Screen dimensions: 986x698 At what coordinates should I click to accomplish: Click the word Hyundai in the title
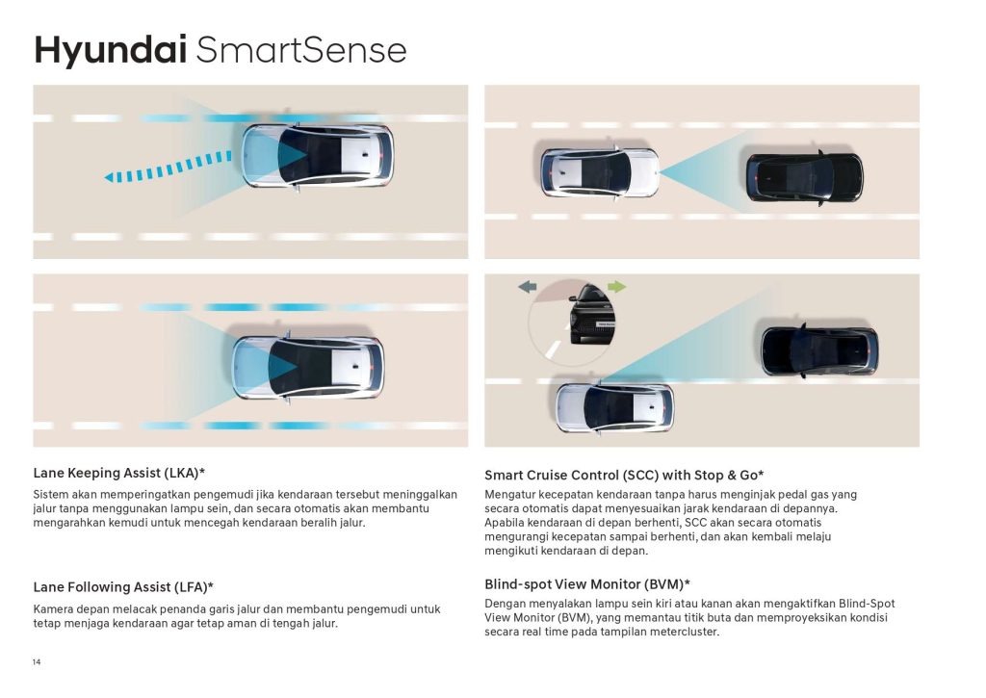[110, 51]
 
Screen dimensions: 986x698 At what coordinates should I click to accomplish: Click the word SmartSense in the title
[301, 50]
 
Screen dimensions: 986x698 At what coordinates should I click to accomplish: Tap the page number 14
[37, 662]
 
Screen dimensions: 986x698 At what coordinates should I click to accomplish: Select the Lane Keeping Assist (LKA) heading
[119, 473]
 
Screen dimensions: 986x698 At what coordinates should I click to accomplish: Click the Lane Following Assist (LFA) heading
[123, 587]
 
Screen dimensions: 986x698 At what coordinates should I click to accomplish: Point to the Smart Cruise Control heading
[624, 476]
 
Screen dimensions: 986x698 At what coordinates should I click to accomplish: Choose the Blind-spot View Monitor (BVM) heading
[587, 584]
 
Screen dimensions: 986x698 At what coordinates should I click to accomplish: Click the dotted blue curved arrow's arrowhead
[109, 178]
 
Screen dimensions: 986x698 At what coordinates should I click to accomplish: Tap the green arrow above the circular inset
[617, 287]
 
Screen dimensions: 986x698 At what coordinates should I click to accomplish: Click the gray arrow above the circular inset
[528, 287]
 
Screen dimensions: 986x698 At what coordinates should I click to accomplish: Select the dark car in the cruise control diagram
[804, 178]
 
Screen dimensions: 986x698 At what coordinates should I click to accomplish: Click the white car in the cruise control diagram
[600, 173]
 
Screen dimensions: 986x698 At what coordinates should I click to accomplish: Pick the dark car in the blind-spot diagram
[819, 350]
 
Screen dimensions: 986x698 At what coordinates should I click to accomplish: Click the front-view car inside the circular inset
[591, 314]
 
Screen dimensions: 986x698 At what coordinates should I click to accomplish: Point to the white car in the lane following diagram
[307, 367]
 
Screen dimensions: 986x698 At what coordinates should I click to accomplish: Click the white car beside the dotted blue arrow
[318, 156]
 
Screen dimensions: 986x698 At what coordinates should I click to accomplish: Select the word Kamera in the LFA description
[53, 609]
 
